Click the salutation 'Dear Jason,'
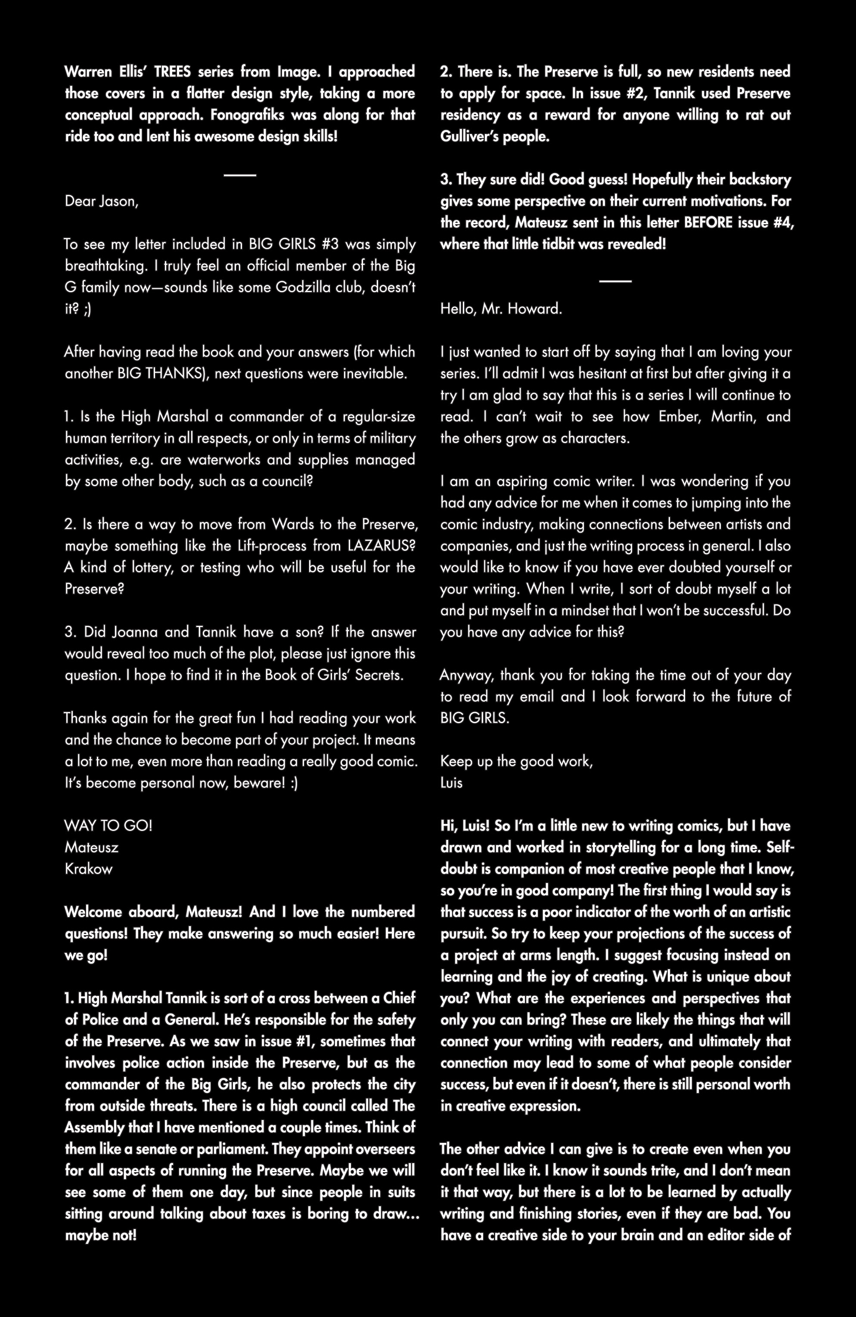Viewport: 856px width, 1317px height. pos(102,201)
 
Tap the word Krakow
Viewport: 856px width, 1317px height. pos(88,869)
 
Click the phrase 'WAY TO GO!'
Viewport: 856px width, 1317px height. pos(109,826)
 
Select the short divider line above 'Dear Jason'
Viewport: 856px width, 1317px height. pos(240,175)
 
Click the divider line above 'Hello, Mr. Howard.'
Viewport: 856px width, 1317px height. pos(615,281)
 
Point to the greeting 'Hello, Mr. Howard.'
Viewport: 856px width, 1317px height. pos(501,309)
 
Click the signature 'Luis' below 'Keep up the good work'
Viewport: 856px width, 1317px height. pos(451,783)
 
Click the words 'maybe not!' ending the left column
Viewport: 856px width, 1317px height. pos(101,1235)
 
